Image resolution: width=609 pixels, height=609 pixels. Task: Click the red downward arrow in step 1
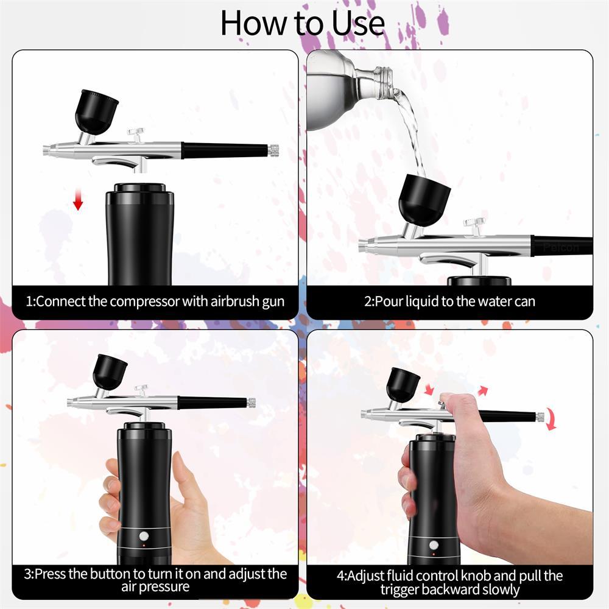click(77, 200)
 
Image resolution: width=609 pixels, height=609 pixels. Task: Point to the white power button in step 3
click(144, 537)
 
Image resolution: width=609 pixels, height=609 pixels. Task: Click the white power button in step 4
click(434, 545)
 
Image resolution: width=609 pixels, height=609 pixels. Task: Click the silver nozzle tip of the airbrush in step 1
click(48, 149)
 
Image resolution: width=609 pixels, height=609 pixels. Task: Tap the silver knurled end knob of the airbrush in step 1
click(273, 149)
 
